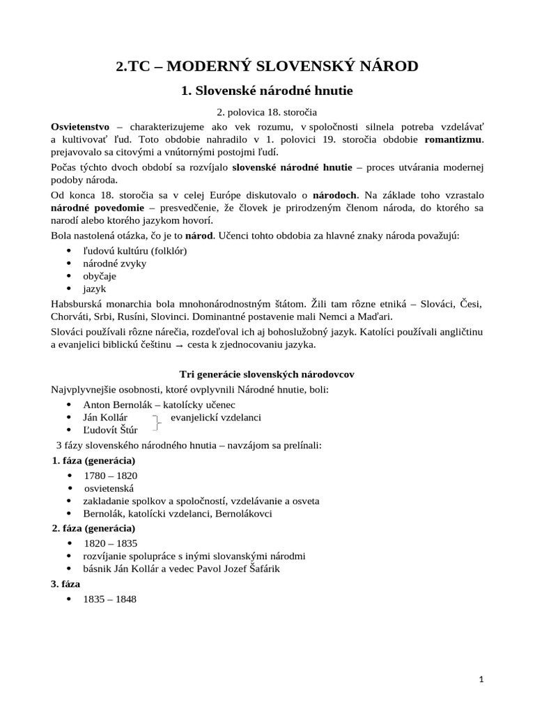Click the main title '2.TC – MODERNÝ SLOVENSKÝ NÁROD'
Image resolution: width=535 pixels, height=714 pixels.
tap(267, 67)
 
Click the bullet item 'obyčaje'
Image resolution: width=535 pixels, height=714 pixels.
tap(100, 275)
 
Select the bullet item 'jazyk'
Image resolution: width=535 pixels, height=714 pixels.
tap(95, 288)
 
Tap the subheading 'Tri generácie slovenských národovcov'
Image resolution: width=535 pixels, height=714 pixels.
tap(267, 374)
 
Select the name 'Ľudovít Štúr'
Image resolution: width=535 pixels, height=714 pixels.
tap(110, 430)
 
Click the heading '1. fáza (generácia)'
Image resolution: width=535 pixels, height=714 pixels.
tap(93, 461)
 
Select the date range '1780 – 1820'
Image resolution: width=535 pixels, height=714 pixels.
tap(110, 476)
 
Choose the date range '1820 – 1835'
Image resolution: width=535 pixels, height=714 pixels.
tap(111, 542)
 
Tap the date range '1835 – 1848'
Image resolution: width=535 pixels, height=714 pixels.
tap(110, 599)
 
